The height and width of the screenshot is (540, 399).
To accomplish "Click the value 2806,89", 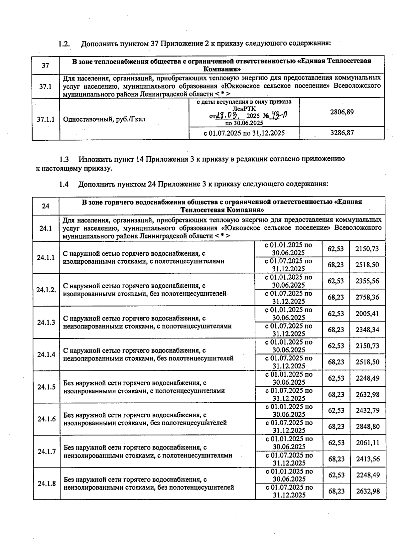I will click(342, 112).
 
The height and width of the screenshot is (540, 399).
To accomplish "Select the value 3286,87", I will click(342, 133).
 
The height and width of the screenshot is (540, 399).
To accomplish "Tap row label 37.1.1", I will click(46, 119).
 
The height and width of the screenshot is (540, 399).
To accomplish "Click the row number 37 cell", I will click(46, 65).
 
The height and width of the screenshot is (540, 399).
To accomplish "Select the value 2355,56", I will click(367, 281).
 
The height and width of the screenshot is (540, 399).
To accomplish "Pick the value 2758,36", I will click(367, 297).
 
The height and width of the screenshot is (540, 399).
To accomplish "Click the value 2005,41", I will click(367, 314).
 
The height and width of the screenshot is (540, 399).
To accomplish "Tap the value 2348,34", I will click(367, 330).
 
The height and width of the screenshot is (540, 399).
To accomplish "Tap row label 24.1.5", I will click(46, 387).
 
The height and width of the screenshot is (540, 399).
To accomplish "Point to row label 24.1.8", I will click(47, 483).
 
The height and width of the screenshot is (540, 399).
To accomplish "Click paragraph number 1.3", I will click(64, 159).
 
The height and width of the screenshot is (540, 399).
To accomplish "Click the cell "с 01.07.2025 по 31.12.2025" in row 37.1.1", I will click(244, 133).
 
